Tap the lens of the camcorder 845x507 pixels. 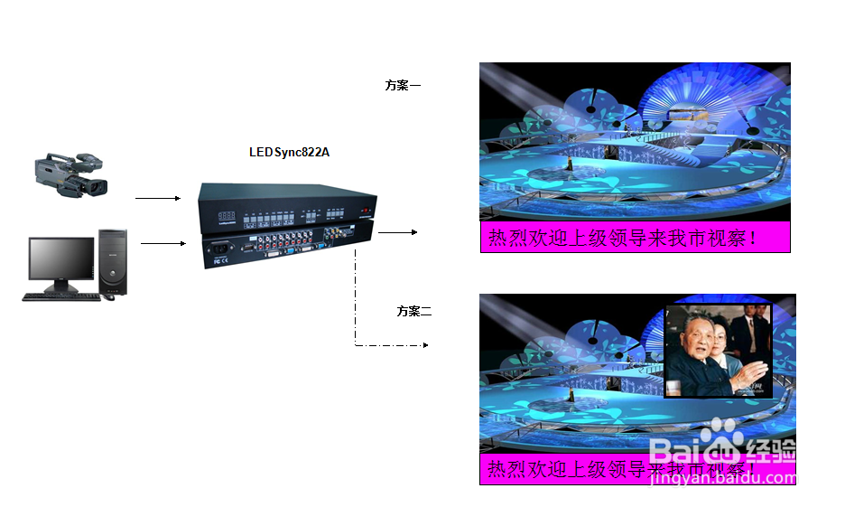click(x=97, y=188)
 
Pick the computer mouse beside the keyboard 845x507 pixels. click(x=108, y=297)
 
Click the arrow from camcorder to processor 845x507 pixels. click(x=158, y=198)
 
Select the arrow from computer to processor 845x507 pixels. click(x=162, y=243)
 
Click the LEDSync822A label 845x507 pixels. click(x=289, y=152)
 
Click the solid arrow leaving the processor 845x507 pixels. click(x=397, y=232)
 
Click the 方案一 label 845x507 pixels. click(x=403, y=86)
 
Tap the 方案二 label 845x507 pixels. click(x=414, y=312)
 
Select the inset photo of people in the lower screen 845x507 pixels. click(x=718, y=351)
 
